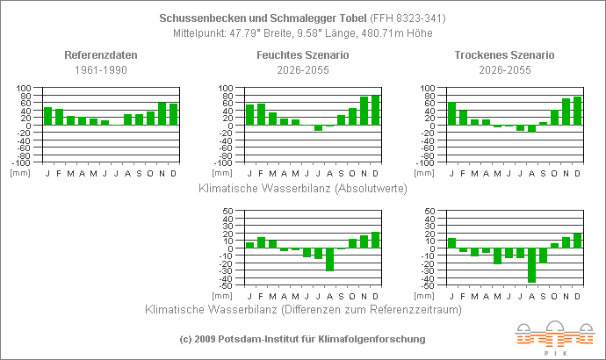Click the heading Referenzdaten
pyautogui.click(x=100, y=55)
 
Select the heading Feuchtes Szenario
pyautogui.click(x=303, y=55)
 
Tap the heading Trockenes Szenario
pyautogui.click(x=504, y=55)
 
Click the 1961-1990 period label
pyautogui.click(x=100, y=68)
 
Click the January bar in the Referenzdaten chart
pyautogui.click(x=48, y=116)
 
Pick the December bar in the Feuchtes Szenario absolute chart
pyautogui.click(x=376, y=111)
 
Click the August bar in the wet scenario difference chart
pyautogui.click(x=330, y=260)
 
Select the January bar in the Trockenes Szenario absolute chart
pyautogui.click(x=451, y=114)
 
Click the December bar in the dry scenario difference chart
pyautogui.click(x=578, y=241)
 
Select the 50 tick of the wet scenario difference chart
pyautogui.click(x=227, y=212)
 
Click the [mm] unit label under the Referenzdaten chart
pyautogui.click(x=19, y=172)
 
